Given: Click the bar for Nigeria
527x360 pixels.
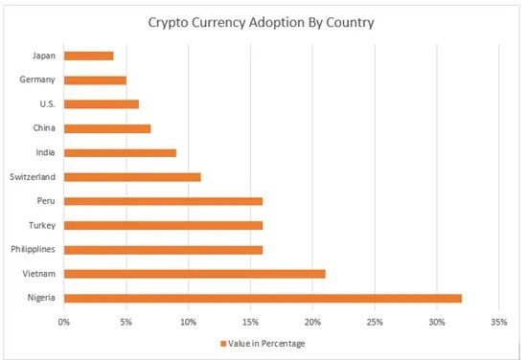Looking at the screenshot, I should [x=263, y=299].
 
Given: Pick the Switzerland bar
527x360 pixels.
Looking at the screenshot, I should [x=132, y=177].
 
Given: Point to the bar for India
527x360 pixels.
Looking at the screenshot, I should [x=120, y=152].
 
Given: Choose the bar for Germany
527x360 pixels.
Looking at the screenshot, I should [x=95, y=79].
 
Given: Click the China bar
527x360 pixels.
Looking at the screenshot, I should [x=107, y=128].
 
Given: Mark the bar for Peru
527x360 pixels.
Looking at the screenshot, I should [x=163, y=201].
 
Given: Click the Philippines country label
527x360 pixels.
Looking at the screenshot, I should [x=33, y=250].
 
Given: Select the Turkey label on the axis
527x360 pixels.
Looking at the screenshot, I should [x=42, y=226].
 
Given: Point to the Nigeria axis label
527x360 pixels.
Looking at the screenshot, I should [x=41, y=299].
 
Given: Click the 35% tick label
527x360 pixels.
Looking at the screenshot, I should [x=498, y=321].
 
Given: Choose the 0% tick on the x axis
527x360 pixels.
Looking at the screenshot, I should [x=64, y=321].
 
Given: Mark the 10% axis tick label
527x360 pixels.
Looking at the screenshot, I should [x=189, y=321].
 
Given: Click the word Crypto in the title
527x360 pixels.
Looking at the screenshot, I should [x=171, y=21].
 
